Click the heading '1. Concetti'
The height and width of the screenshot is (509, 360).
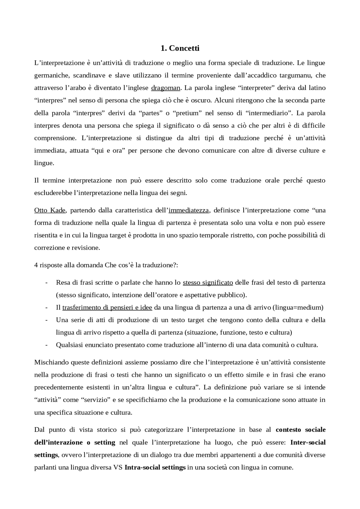click(180, 48)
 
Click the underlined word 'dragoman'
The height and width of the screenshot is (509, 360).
click(165, 88)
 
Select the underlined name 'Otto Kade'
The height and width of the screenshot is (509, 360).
click(50, 210)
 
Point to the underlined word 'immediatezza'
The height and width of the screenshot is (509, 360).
click(188, 210)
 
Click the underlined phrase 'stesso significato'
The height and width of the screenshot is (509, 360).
click(208, 282)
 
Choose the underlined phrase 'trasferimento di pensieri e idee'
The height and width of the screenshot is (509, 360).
click(107, 307)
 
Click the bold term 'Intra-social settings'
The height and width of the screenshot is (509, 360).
click(155, 467)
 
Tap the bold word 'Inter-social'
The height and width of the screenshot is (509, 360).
click(308, 442)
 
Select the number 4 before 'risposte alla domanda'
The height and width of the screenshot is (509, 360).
click(36, 265)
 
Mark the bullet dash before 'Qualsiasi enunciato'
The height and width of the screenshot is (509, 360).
click(46, 345)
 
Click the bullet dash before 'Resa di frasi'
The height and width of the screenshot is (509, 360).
click(46, 282)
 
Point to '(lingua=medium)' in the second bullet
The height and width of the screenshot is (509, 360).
click(298, 307)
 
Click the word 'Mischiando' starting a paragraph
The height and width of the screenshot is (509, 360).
click(51, 362)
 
